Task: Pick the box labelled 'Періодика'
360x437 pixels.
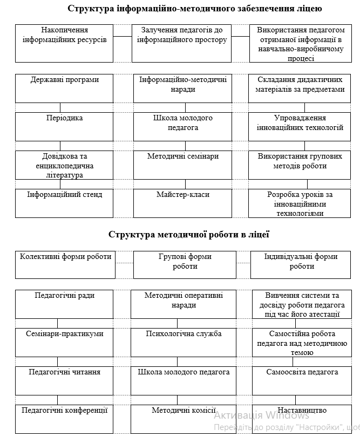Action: coord(65,126)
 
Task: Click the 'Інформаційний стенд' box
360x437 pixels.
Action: coord(65,203)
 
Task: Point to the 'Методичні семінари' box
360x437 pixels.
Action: coord(183,165)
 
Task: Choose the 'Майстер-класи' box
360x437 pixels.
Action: coord(183,203)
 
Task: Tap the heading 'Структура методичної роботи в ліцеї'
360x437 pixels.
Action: coord(189,235)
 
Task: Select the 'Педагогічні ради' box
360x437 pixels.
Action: coord(64,304)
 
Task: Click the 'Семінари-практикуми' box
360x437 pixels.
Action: coord(64,343)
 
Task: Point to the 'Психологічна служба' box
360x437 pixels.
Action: coord(184,343)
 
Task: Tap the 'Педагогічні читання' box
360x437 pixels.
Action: coord(64,381)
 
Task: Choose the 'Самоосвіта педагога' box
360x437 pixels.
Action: coord(302,381)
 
